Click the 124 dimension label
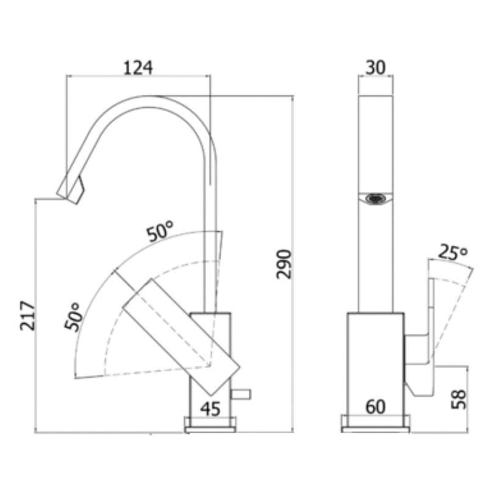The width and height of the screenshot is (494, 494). coord(138,67)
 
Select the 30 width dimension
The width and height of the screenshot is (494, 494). coord(375,67)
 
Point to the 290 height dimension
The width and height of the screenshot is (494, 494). coord(282,264)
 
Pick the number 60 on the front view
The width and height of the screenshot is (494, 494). coord(375,407)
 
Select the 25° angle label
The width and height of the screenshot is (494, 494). coord(453,252)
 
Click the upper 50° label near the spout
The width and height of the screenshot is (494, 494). coord(159,233)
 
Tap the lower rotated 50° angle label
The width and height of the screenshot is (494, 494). coord(75,317)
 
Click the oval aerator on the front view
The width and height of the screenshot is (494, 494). coord(375,199)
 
